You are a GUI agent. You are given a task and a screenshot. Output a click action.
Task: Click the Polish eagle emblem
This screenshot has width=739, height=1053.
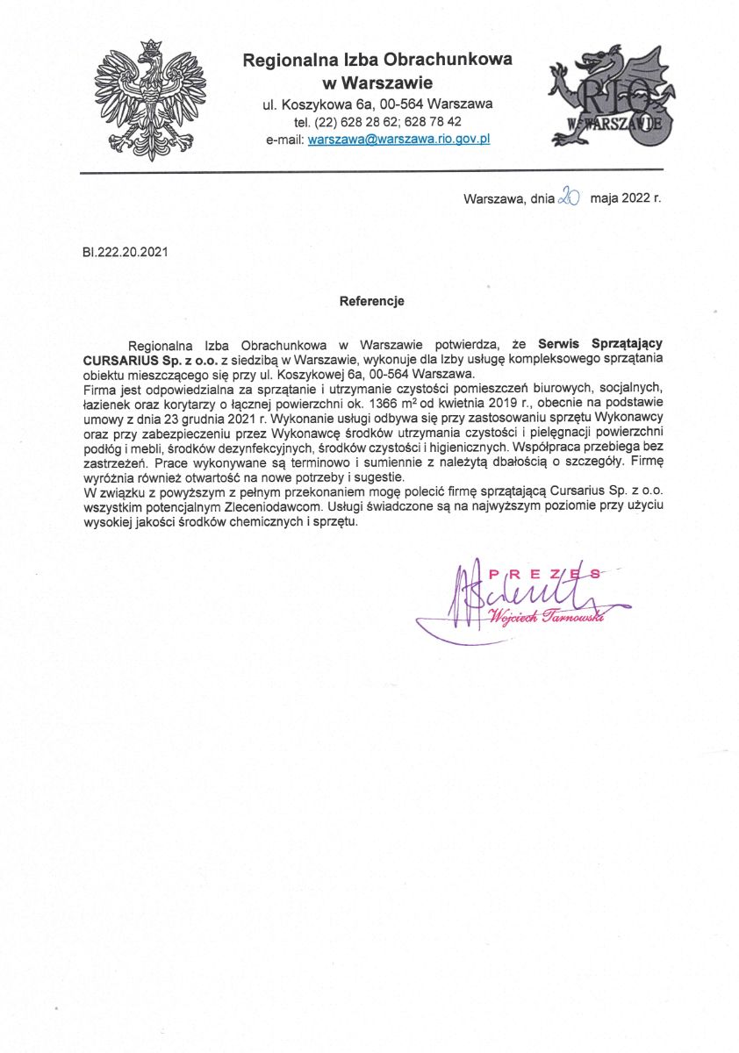point(150,99)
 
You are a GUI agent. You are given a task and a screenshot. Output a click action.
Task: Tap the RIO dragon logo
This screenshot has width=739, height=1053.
point(609,99)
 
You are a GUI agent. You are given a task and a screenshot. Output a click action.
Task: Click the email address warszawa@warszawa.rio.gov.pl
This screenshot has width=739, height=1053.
point(398,139)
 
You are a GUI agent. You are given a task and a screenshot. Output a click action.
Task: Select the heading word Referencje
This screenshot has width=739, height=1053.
point(371,301)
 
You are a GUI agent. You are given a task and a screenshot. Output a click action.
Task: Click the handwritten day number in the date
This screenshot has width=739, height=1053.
point(569,198)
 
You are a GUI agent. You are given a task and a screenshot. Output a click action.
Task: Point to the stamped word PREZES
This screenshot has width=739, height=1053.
point(545,574)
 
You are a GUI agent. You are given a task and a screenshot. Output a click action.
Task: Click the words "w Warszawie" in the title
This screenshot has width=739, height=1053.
point(377,83)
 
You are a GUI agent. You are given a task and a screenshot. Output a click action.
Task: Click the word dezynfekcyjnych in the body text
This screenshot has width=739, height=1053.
point(274,445)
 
